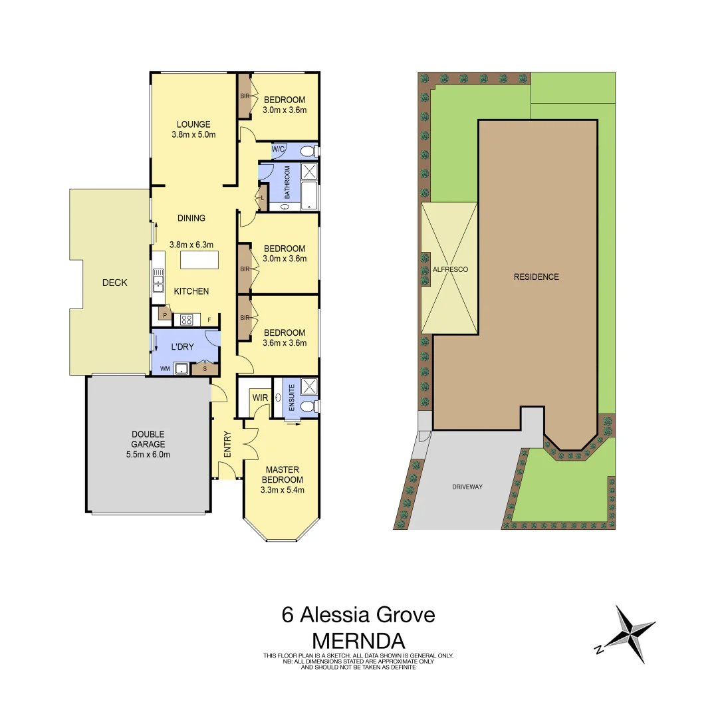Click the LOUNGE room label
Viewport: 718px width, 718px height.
[193, 124]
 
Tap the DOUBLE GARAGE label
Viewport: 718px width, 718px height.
[147, 439]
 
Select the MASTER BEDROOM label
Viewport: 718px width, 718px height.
[283, 475]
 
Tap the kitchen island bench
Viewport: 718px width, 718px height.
[199, 259]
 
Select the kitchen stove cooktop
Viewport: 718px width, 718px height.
[187, 320]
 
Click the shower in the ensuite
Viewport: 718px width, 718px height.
[308, 387]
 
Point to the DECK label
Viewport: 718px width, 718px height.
[114, 283]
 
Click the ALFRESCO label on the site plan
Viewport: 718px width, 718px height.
[450, 269]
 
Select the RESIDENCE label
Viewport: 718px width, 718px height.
[536, 277]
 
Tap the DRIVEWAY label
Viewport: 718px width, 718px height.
[467, 487]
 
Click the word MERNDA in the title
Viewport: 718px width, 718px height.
[358, 641]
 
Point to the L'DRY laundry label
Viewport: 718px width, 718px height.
[183, 348]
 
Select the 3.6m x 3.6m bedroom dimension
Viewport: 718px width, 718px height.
[285, 343]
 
